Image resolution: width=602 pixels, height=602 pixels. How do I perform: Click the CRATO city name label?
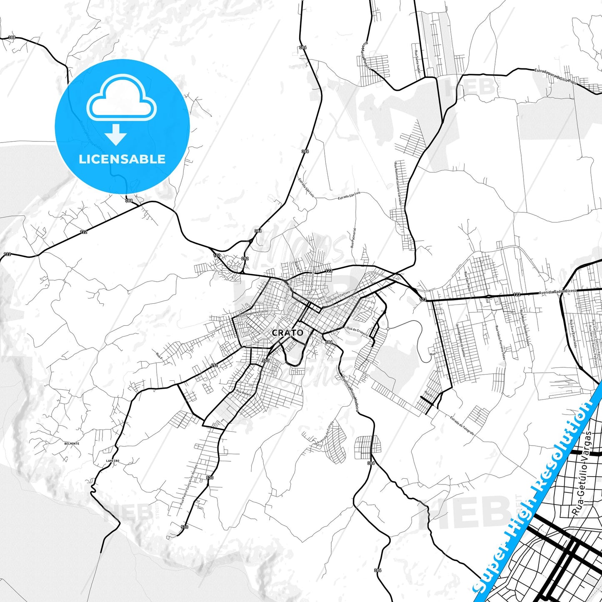(x=287, y=333)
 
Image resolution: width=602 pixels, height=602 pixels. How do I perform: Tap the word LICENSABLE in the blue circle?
(x=122, y=159)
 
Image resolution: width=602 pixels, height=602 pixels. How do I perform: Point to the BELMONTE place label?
(x=71, y=444)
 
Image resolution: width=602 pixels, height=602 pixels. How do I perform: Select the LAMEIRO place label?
(x=113, y=461)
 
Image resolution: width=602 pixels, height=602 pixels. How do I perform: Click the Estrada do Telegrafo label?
(x=462, y=425)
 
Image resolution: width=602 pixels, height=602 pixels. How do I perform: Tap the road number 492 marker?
(x=214, y=365)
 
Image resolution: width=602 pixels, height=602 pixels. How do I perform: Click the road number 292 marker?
(x=245, y=259)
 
